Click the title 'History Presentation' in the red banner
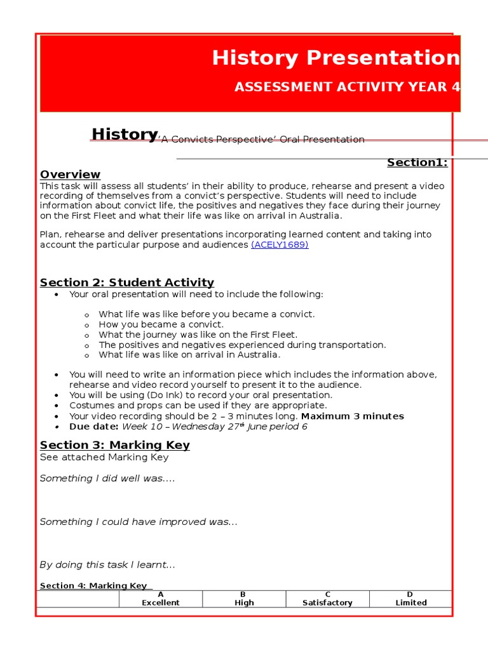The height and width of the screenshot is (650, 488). point(335,58)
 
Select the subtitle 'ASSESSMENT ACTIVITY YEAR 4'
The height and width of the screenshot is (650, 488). point(347,87)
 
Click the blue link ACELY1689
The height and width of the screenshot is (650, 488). point(280,245)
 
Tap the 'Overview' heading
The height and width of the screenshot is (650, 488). point(70,175)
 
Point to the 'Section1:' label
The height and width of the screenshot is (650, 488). point(417,162)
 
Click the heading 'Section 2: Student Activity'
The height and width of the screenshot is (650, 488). point(126,282)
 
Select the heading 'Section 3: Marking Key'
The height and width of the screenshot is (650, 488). point(114,445)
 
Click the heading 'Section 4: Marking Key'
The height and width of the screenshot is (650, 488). point(93,586)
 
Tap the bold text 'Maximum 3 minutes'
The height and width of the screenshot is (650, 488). point(352,416)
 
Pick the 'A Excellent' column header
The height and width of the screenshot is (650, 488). point(161,599)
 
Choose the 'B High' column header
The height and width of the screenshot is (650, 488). point(244,599)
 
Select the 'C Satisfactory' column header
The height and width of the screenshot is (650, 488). point(327,599)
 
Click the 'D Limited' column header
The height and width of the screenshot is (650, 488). point(410,599)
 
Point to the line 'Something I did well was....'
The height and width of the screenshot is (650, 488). point(107,479)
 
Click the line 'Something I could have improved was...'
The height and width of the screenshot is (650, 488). point(138,522)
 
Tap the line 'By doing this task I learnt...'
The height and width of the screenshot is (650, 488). point(107,565)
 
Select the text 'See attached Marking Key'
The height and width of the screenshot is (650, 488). point(104,457)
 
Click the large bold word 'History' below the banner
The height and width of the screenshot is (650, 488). point(125,134)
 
